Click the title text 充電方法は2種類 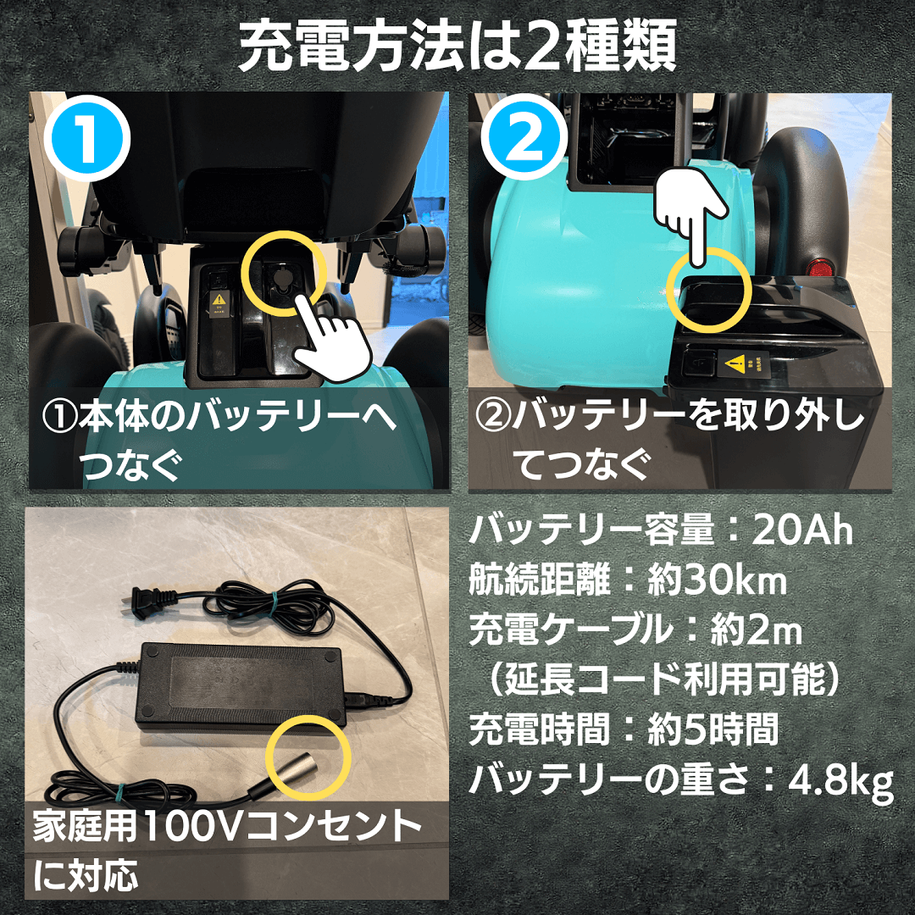(x=457, y=47)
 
